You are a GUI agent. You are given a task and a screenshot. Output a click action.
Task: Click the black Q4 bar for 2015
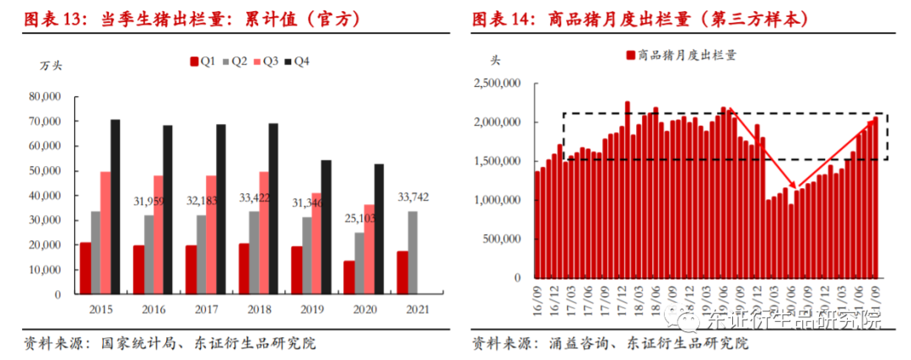pos(116,207)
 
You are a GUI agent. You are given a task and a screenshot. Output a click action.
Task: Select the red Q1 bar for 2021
pos(403,272)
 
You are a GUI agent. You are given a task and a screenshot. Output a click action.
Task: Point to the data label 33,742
pos(413,200)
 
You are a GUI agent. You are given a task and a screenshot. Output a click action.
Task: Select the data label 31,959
pos(148,201)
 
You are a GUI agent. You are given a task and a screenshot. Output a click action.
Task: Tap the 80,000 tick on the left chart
pos(45,97)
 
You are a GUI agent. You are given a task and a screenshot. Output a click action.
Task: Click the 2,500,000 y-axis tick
pos(497,83)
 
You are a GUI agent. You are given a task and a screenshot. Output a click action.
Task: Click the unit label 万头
pos(51,65)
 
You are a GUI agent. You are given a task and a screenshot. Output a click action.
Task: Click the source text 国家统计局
pos(135,344)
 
